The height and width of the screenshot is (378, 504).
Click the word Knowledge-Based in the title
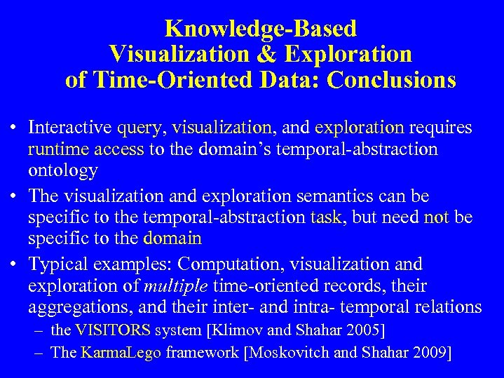[x=261, y=29]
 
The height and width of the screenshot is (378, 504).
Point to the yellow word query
[x=141, y=128]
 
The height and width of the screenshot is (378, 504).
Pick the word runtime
[x=56, y=149]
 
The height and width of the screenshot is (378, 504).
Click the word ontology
[x=63, y=170]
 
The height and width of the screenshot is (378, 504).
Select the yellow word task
[x=327, y=217]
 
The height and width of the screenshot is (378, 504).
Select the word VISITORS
[x=112, y=330]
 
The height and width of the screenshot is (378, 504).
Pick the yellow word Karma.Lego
[x=121, y=352]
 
